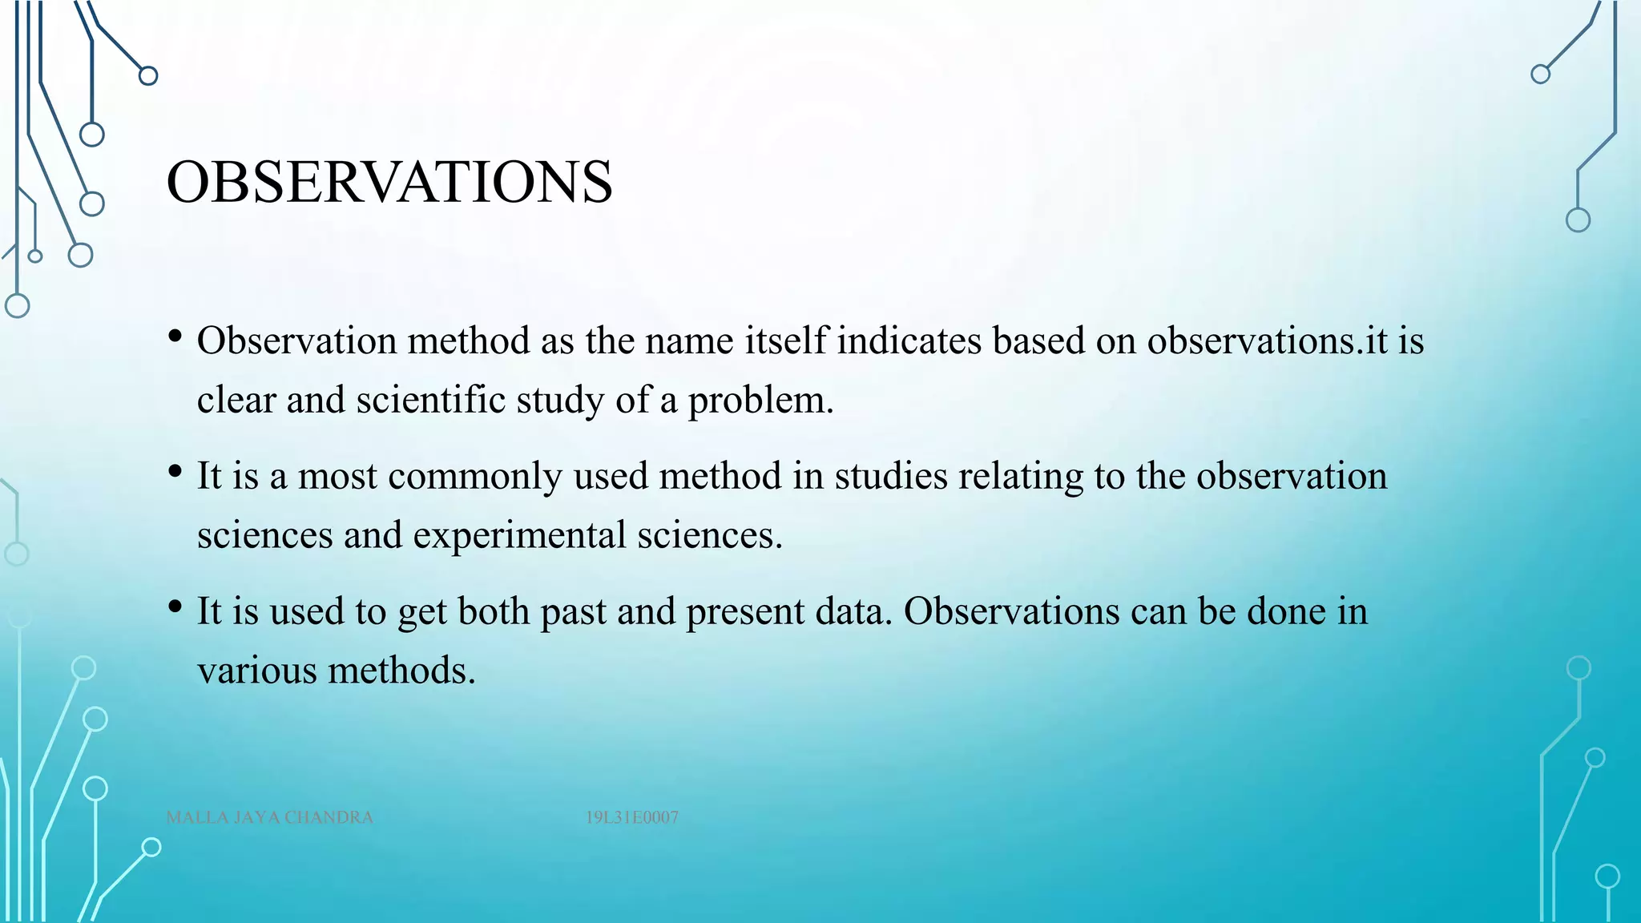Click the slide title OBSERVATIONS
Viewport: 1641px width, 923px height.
coord(389,182)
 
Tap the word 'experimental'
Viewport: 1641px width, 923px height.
coord(519,535)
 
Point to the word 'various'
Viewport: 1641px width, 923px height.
coord(257,671)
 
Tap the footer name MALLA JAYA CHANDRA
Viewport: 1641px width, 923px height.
coord(269,817)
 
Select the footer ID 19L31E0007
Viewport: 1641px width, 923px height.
coord(631,817)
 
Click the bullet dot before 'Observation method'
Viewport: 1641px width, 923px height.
coord(175,337)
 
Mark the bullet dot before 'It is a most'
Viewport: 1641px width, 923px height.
coord(175,472)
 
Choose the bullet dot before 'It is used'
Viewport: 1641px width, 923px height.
coord(175,607)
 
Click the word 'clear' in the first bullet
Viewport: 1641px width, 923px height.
coord(236,400)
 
